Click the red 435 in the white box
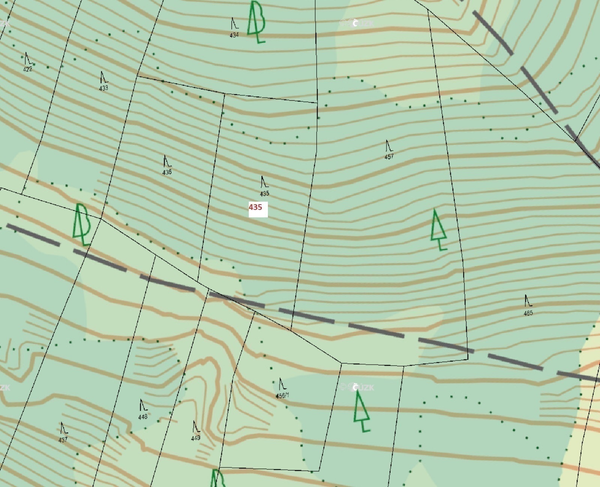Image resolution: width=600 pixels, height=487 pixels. pos(256,207)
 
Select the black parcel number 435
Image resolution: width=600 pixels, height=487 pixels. pos(265,194)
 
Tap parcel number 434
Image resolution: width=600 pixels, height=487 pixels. pos(234,35)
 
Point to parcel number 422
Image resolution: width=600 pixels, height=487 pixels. pos(28,69)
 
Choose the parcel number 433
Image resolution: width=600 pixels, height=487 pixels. pos(104,88)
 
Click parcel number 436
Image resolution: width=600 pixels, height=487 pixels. pos(167,172)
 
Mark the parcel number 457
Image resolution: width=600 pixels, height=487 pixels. pos(389,157)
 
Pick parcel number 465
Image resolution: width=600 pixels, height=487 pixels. pos(528,313)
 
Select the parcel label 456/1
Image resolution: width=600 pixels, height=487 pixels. pos(282,395)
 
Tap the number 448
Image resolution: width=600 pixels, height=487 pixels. pos(143,417)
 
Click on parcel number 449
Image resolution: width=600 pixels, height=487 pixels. pos(195,438)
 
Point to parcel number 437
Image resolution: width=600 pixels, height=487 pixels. pos(63,439)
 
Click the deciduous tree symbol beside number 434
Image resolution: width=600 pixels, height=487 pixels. pos(256,22)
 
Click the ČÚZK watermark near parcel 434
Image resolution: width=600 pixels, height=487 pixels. pos(356,23)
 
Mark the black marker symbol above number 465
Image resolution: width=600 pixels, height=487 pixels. pos(528,301)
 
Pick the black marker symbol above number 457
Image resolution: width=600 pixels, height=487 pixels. pos(389,146)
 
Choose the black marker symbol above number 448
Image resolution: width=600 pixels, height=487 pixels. pos(143,405)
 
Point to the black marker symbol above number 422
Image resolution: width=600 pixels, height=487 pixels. pos(28,59)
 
